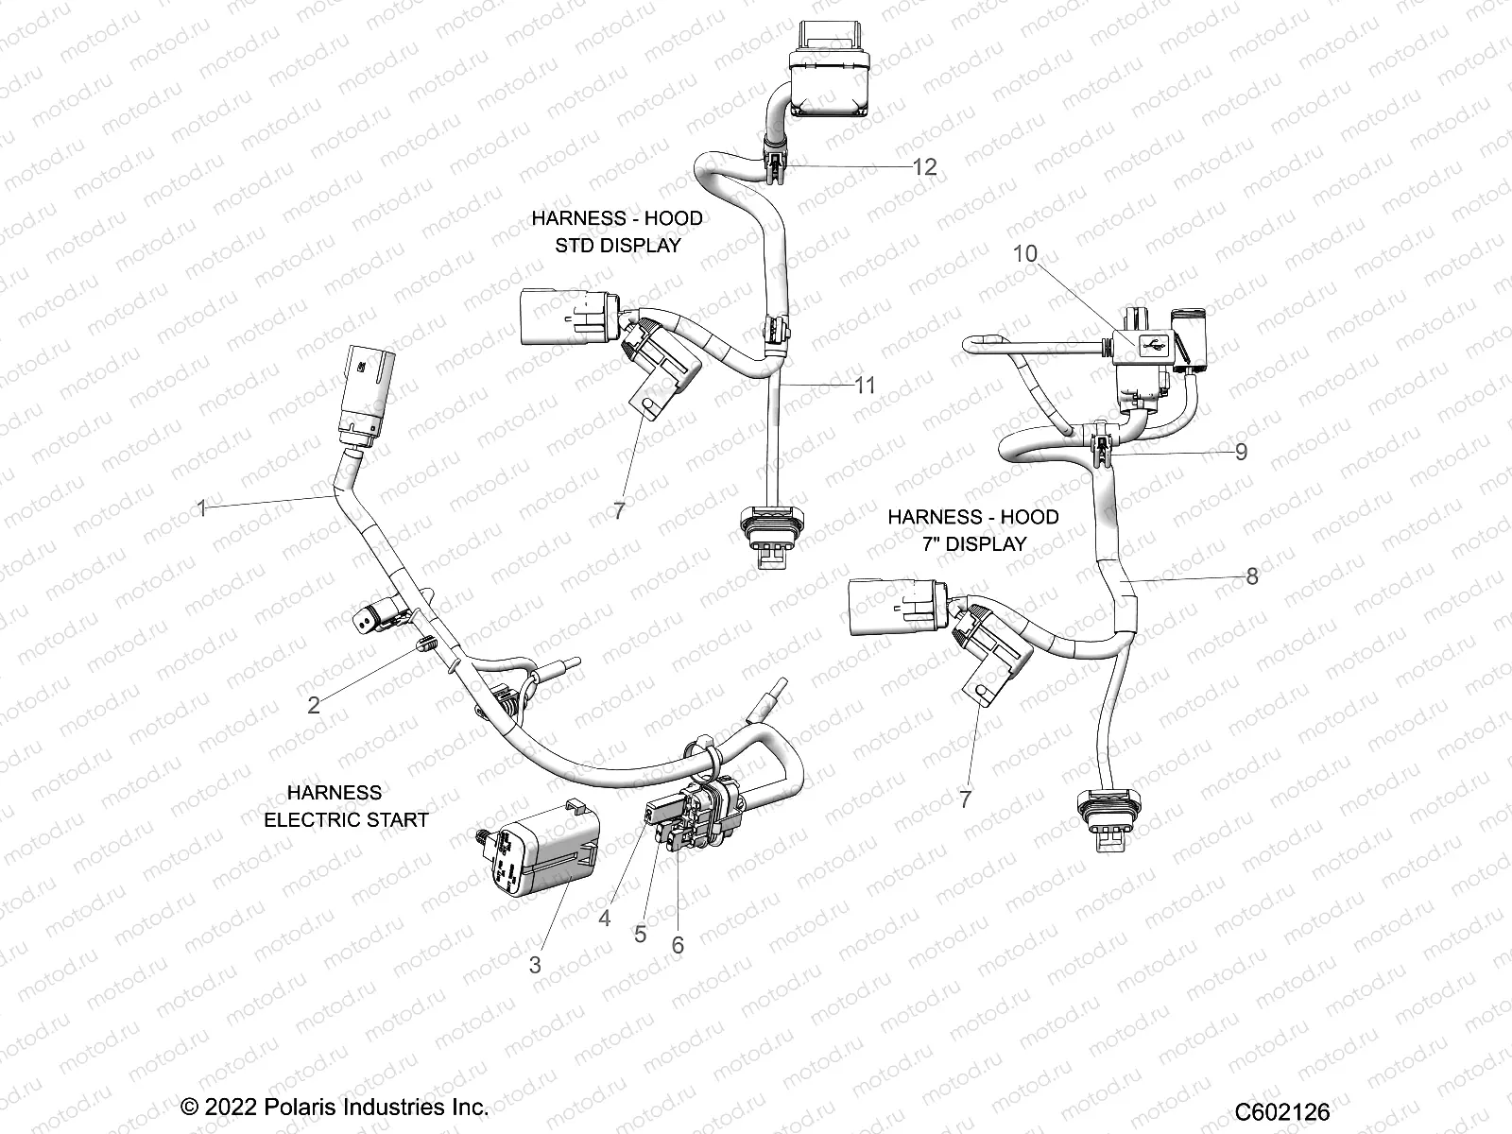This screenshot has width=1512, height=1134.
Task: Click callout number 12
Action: coord(924,167)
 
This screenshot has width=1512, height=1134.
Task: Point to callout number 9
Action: coord(1241,452)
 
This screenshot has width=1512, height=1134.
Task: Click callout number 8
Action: coord(1251,576)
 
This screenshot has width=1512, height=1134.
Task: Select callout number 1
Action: coord(201,508)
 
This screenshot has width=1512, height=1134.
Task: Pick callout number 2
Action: coord(314,704)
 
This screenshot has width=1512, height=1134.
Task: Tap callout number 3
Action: coord(535,965)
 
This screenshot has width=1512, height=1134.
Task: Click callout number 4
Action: coord(605,918)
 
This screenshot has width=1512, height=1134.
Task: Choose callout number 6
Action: coord(677,944)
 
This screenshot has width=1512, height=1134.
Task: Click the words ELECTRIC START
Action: coord(346,819)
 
